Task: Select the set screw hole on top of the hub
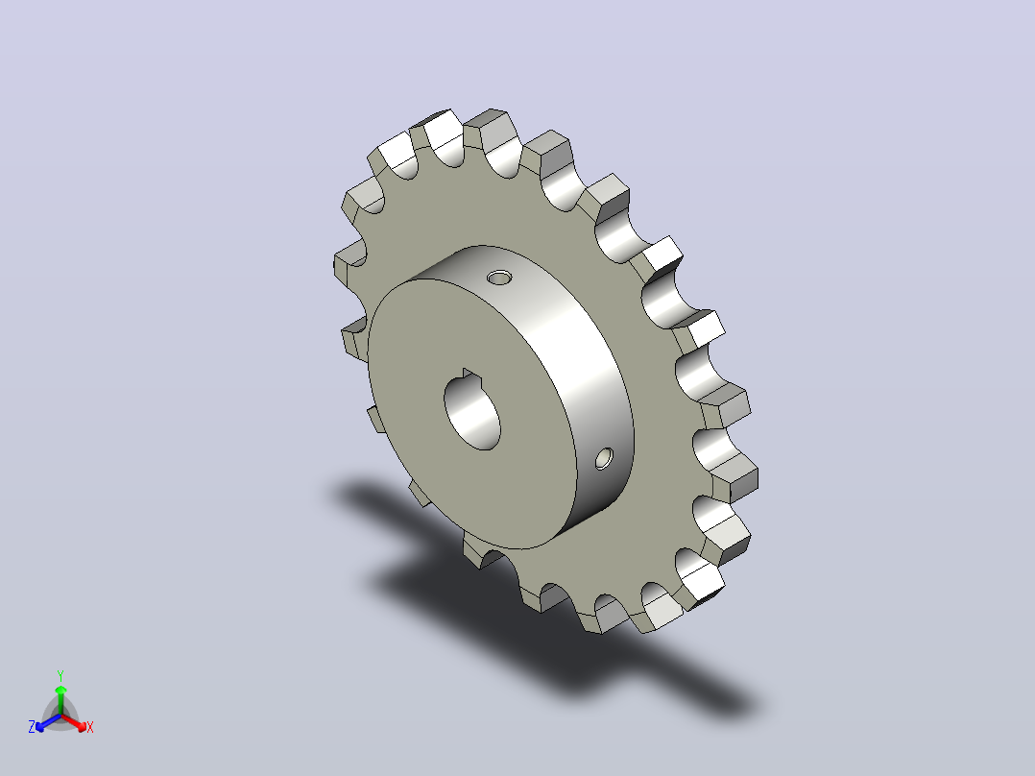click(499, 277)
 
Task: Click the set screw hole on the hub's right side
click(604, 458)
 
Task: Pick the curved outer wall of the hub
click(581, 370)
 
